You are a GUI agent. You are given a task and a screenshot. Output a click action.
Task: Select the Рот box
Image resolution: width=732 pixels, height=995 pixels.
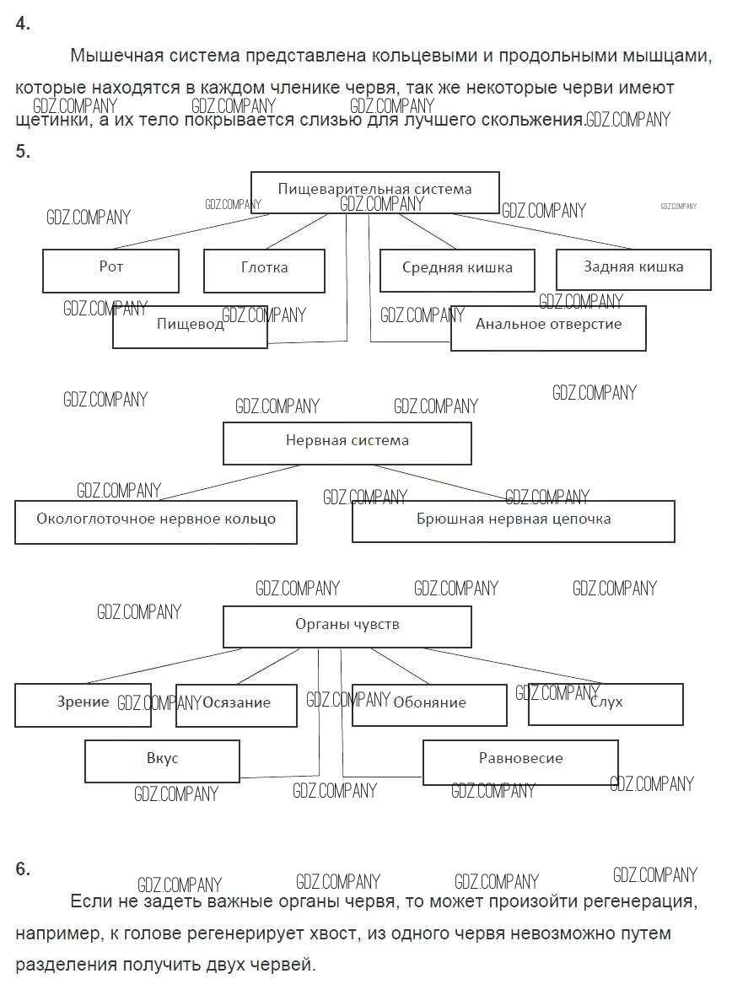coord(110,270)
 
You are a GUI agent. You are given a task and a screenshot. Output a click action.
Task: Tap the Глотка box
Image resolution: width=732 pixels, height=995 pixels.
coord(264,270)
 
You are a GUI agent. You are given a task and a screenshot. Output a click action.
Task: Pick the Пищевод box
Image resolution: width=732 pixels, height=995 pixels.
coord(190,327)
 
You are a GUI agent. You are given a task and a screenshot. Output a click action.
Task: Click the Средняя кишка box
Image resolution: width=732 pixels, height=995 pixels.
coord(457,270)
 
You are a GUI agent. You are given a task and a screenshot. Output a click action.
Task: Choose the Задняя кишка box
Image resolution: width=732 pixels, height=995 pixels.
coord(633,269)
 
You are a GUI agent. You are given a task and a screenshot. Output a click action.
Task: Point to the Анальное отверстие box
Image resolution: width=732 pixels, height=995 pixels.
coord(548,327)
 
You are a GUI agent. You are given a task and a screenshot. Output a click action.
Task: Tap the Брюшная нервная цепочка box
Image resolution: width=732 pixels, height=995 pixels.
coord(513,521)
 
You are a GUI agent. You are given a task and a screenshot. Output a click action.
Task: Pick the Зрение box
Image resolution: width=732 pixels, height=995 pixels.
coord(83,705)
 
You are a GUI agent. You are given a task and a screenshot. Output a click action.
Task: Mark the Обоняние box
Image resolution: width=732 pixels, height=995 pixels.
coord(429,705)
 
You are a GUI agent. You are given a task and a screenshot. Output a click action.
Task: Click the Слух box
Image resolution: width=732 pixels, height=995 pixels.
coord(606,704)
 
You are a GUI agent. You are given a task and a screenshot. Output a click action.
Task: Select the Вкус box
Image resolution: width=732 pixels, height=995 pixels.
coord(162,761)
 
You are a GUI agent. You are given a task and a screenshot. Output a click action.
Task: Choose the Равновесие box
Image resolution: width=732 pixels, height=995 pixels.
coord(520,761)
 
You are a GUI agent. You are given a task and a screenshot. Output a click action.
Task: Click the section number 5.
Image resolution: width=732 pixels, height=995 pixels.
coord(23,152)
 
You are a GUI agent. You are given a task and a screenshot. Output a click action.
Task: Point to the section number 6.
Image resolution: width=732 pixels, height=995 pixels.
coord(23,869)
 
